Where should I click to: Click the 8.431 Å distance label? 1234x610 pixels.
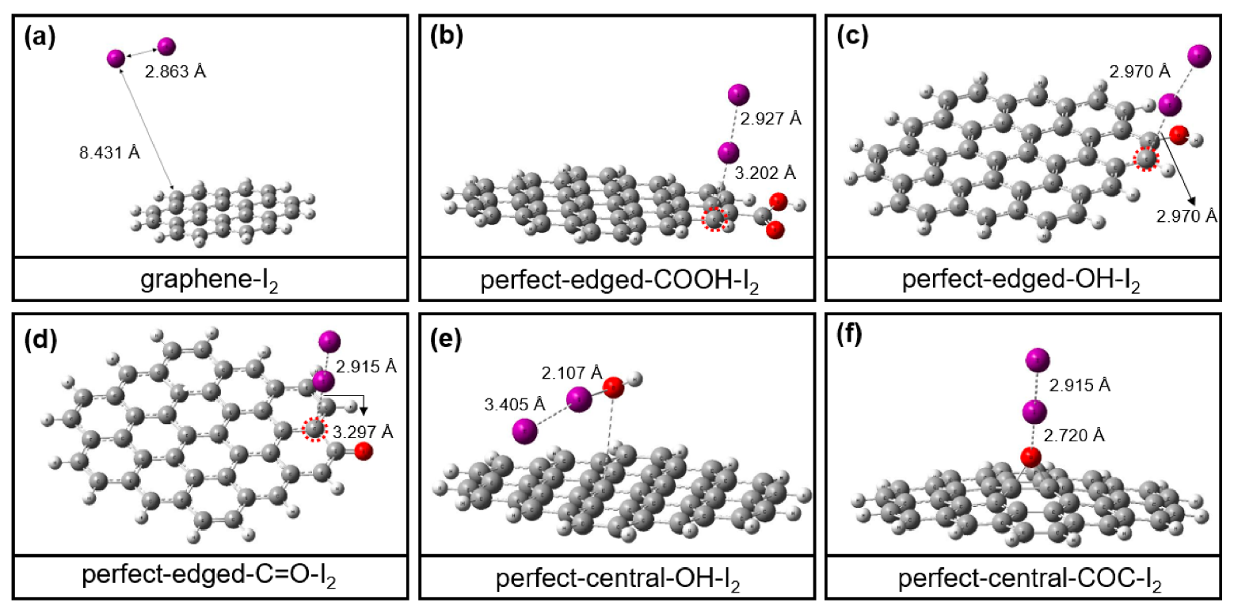pos(109,153)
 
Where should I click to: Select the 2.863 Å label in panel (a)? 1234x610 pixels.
pos(175,71)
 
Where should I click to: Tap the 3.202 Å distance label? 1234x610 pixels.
pos(765,173)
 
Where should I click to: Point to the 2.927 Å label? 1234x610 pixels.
pos(771,119)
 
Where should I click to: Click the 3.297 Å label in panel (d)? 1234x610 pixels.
pos(363,432)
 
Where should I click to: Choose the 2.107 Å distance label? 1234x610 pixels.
pos(572,373)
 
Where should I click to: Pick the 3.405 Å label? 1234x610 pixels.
pos(515,405)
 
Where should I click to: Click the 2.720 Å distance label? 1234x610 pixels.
pos(1074,436)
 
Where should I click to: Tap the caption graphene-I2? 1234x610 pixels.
pos(209,280)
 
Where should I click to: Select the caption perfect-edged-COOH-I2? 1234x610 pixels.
pos(619,280)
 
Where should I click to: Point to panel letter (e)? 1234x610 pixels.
pos(446,338)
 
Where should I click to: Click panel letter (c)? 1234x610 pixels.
pos(852,36)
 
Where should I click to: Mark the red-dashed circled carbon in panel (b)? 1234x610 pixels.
pos(714,219)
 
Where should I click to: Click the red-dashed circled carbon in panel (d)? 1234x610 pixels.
pos(314,429)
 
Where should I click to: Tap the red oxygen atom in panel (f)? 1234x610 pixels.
pos(1030,457)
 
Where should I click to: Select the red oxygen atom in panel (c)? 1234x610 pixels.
pos(1179,135)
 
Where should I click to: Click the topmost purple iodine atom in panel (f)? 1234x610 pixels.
pos(1038,360)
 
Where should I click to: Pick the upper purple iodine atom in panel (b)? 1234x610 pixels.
pos(738,95)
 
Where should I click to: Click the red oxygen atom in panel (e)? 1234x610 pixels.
pos(613,387)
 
